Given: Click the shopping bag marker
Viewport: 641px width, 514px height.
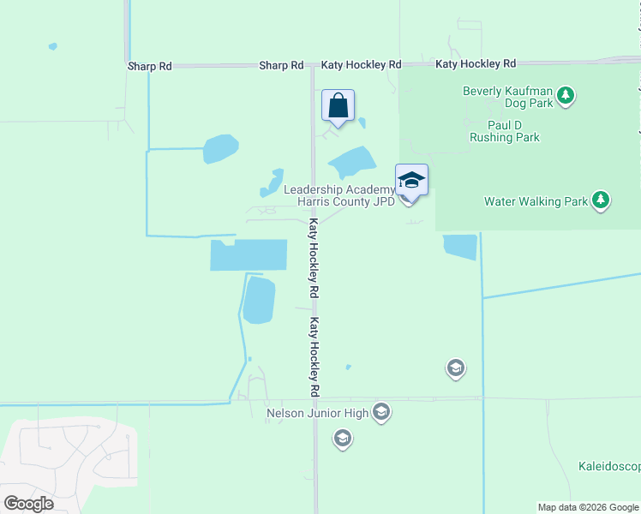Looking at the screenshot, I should (x=338, y=106).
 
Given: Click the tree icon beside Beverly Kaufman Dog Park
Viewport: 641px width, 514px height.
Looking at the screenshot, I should (x=565, y=96).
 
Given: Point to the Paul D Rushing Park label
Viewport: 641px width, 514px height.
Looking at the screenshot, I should (x=505, y=131).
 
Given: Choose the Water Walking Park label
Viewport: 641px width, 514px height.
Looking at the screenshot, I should (x=536, y=202).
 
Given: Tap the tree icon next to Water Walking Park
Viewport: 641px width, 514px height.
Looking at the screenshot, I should (x=602, y=201).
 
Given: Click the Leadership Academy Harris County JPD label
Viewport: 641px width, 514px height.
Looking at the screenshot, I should (x=338, y=195).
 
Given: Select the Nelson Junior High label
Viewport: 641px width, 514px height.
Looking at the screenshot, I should (x=317, y=414).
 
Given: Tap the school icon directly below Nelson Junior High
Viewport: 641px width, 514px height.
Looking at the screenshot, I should (x=342, y=440).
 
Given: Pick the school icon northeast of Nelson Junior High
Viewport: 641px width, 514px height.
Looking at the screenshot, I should (x=455, y=369).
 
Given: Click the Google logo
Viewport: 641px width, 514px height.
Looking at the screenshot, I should (x=28, y=504).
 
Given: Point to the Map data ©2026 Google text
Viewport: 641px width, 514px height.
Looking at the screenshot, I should (x=588, y=507).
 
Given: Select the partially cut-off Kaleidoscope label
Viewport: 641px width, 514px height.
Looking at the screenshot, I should (x=608, y=467).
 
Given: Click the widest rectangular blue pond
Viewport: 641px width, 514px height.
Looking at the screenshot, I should (x=249, y=255).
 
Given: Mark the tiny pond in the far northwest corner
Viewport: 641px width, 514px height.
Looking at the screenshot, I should (x=53, y=46).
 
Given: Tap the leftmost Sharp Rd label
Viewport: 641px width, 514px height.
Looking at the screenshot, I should (x=149, y=66).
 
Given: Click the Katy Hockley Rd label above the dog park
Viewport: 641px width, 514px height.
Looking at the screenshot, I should (x=476, y=64).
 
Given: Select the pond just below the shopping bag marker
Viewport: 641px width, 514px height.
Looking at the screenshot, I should (x=352, y=160).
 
